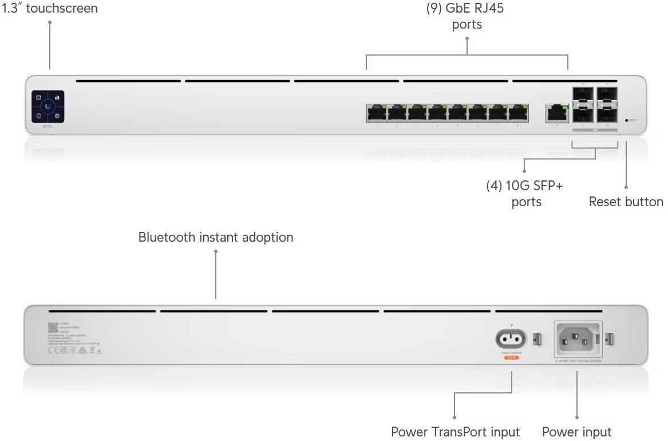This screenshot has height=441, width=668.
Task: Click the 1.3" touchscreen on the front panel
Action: [48, 106]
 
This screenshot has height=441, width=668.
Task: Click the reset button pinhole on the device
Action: [627, 121]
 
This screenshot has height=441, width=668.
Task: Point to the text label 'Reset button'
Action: [626, 202]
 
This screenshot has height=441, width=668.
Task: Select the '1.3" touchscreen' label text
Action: [49, 8]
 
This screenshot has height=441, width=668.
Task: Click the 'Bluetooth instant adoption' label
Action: [215, 237]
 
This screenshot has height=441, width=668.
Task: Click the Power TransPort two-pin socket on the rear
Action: [509, 339]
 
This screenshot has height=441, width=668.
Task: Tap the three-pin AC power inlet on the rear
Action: [578, 338]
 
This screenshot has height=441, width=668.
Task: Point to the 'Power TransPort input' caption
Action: [455, 432]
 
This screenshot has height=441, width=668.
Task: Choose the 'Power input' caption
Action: [576, 432]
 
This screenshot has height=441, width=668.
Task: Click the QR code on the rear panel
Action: [53, 327]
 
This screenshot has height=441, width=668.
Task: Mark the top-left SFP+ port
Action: [583, 95]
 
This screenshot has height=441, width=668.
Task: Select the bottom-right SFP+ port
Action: [607, 115]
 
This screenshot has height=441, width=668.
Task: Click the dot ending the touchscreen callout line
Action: [50, 22]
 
